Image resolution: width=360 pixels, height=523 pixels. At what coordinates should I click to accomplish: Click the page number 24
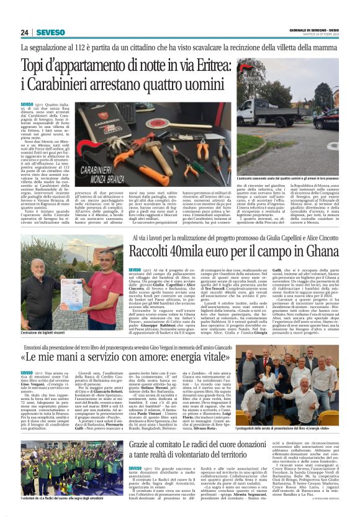25,32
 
